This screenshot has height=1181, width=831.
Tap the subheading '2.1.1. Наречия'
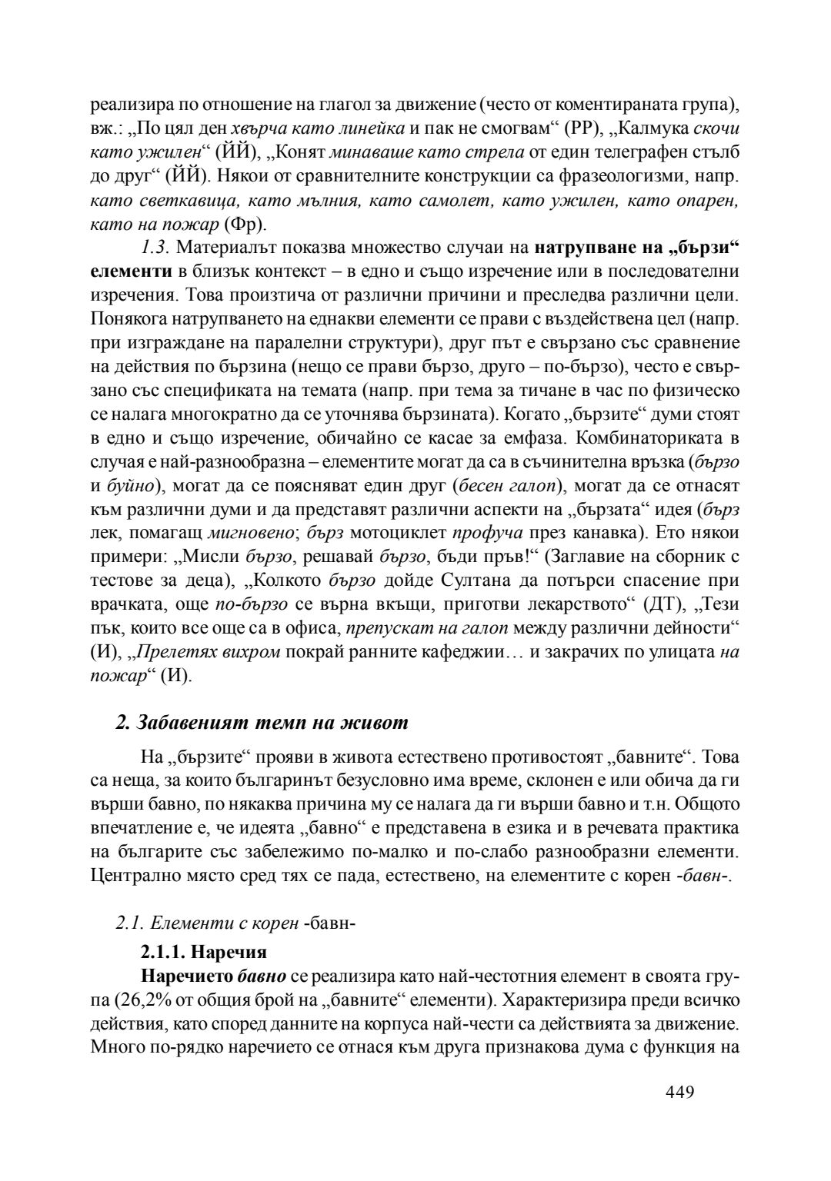coord(203,952)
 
